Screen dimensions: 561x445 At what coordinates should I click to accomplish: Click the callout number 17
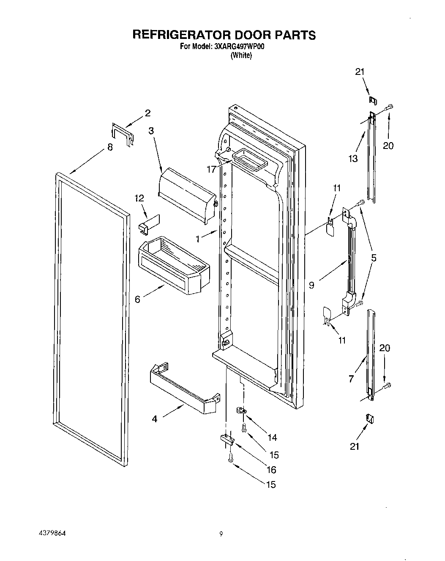click(x=212, y=169)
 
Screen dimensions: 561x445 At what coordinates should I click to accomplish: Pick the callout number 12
click(x=139, y=198)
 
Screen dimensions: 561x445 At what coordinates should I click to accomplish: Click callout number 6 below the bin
click(x=137, y=299)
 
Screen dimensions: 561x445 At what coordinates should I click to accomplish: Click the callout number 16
click(x=271, y=469)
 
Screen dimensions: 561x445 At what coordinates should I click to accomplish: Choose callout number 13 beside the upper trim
click(x=353, y=158)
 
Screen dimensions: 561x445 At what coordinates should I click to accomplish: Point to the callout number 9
click(x=311, y=285)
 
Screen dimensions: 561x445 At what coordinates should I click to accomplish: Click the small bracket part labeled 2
click(x=123, y=134)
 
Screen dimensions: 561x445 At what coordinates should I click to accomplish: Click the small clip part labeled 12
click(x=149, y=223)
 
